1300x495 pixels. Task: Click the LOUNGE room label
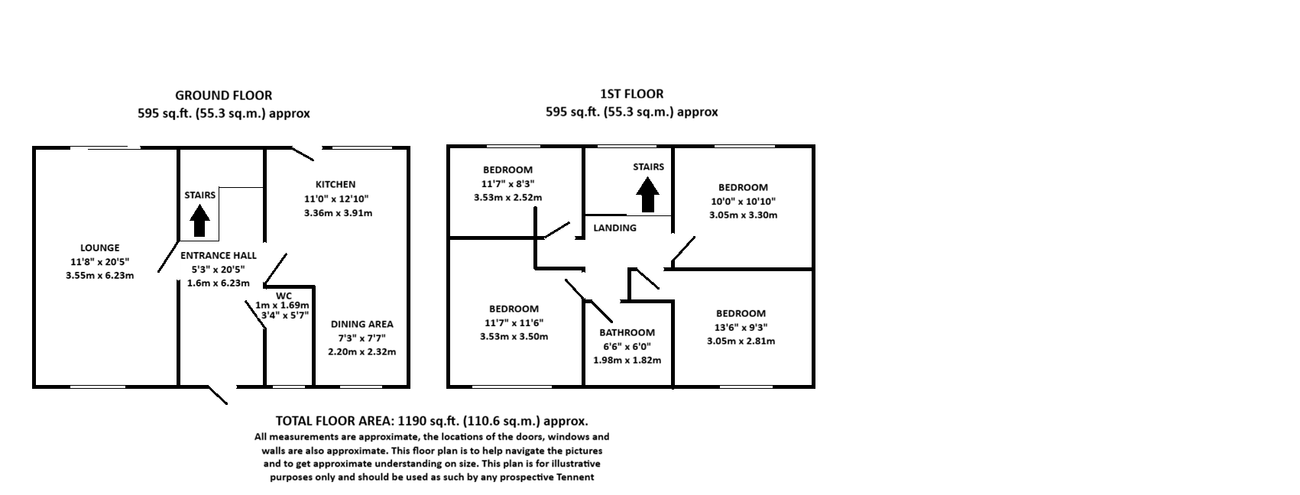[x=100, y=247]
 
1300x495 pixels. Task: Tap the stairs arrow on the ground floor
[x=199, y=222]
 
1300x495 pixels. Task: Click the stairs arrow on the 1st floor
[x=647, y=194]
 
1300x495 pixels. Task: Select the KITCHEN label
[x=336, y=185]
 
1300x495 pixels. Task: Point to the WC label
[x=284, y=296]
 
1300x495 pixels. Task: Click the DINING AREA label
[x=362, y=325]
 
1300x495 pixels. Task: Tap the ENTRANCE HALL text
[x=219, y=255]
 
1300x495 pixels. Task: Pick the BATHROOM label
[x=627, y=332]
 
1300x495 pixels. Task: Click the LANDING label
[x=614, y=228]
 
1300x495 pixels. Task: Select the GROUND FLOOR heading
[x=223, y=95]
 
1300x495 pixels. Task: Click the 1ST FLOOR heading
[x=631, y=94]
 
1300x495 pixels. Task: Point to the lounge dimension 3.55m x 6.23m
[x=100, y=276]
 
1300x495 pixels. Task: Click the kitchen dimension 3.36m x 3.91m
[x=339, y=213]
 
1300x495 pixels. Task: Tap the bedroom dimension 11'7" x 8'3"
[x=507, y=184]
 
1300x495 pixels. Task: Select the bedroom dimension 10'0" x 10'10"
[x=744, y=202]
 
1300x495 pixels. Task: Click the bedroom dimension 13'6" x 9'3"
[x=741, y=327]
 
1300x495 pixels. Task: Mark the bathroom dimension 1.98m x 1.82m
[x=627, y=361]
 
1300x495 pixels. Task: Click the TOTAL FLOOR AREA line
[x=432, y=422]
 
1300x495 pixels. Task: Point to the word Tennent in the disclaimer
[x=575, y=477]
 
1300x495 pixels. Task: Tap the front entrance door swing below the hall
[x=218, y=395]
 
